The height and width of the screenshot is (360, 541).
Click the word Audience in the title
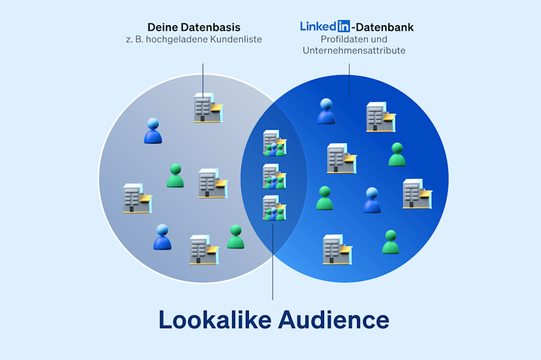click(x=334, y=319)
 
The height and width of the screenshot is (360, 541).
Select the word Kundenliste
click(x=236, y=40)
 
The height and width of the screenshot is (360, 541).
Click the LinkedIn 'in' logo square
click(x=343, y=26)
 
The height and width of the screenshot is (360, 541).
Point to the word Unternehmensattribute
click(x=354, y=50)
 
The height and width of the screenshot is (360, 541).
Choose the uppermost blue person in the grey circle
click(x=153, y=131)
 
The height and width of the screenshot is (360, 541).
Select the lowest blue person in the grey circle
click(x=162, y=237)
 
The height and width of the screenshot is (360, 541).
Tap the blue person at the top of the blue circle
click(x=326, y=111)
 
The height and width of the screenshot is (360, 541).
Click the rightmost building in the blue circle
click(x=416, y=194)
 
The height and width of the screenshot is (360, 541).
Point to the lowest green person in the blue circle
click(x=391, y=242)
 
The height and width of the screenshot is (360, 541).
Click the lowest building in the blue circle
click(x=336, y=249)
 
